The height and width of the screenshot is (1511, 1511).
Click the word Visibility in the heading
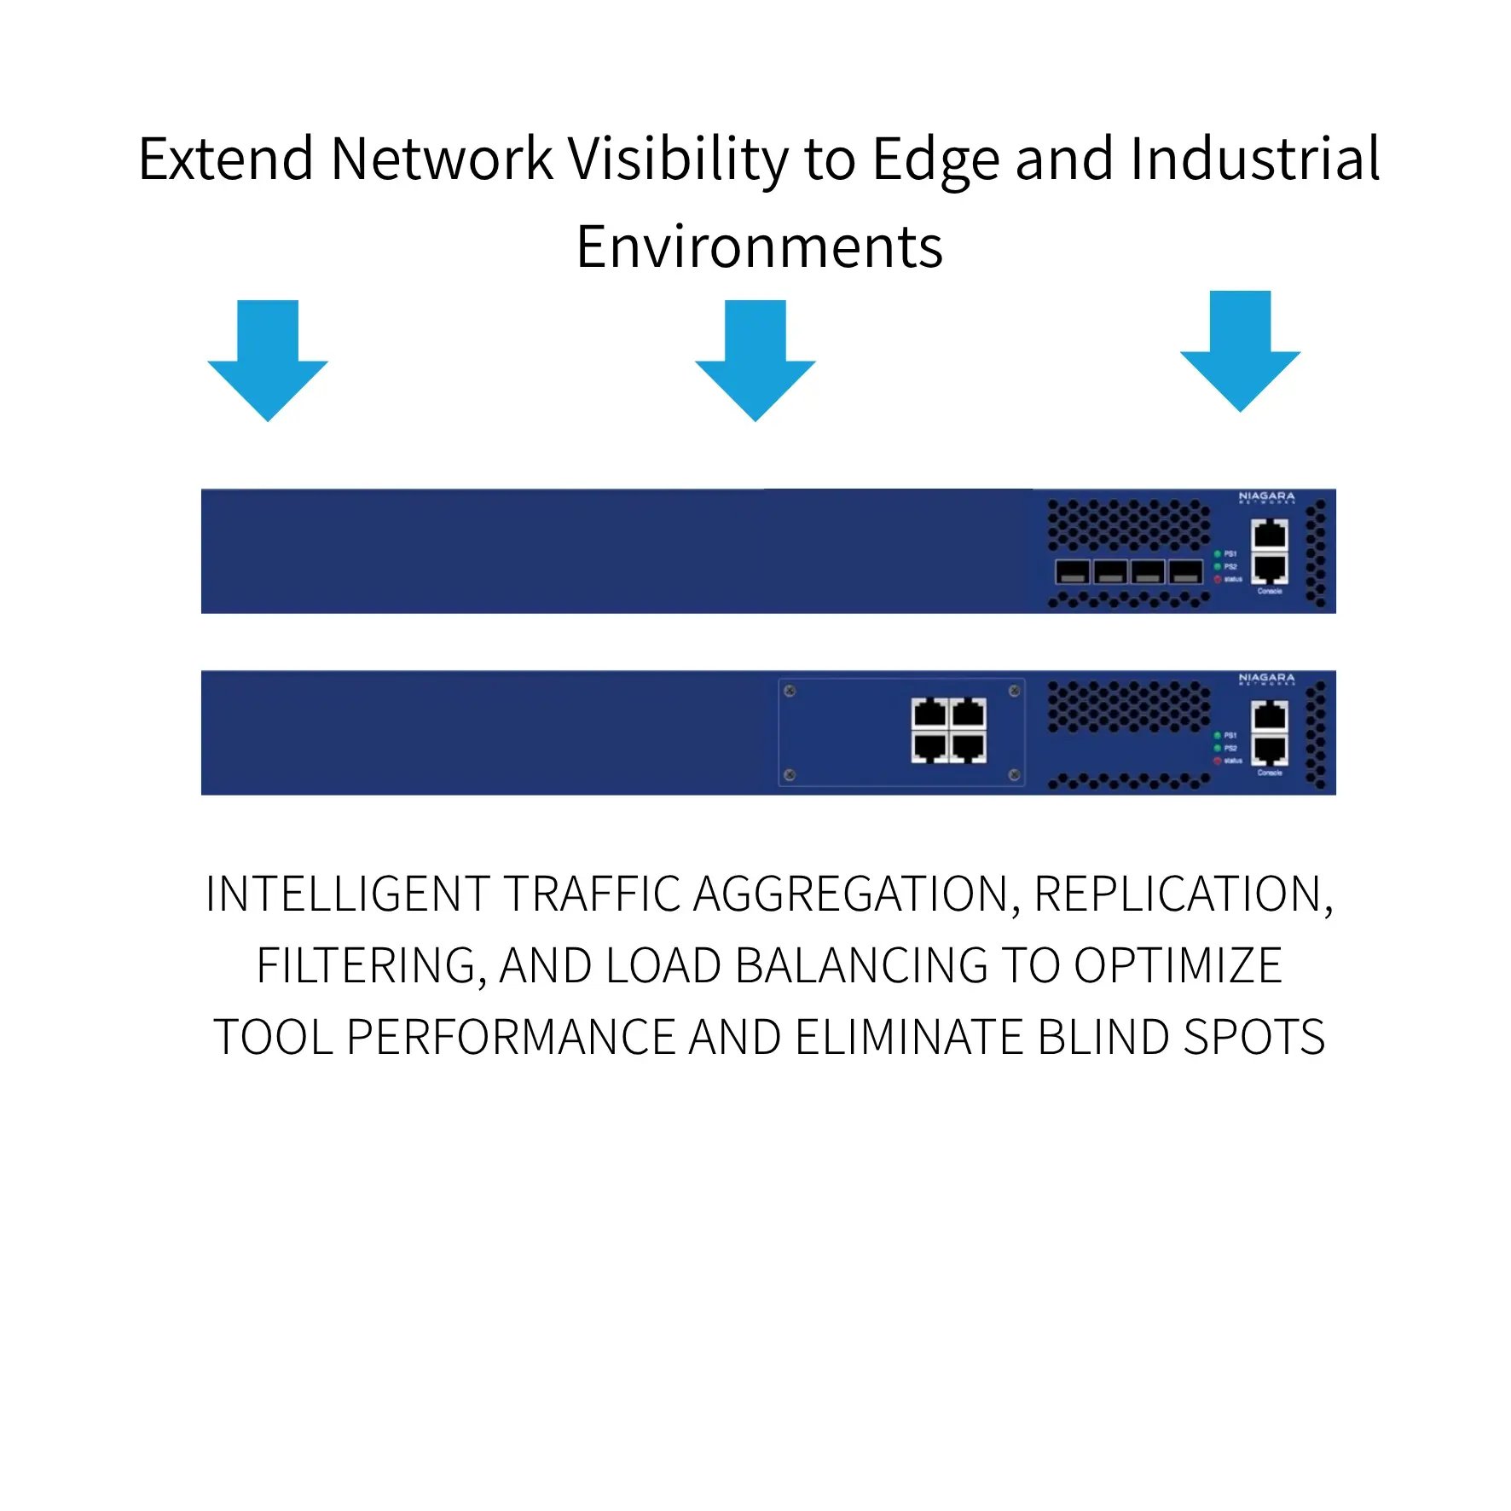point(678,159)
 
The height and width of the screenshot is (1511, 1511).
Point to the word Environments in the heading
point(759,247)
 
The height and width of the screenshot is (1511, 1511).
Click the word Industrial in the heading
point(1254,159)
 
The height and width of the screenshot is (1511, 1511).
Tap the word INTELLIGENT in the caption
point(348,894)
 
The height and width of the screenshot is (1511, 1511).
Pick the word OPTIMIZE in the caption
point(1178,966)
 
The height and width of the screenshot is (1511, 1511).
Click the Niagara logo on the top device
point(1266,497)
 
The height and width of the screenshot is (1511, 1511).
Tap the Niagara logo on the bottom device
point(1266,679)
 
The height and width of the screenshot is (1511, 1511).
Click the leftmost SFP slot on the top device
point(1072,571)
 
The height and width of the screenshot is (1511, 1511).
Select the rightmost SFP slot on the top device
point(1185,571)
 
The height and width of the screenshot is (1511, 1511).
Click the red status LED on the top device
point(1218,580)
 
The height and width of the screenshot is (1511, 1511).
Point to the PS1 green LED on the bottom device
point(1218,735)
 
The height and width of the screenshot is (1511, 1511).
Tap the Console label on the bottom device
point(1270,773)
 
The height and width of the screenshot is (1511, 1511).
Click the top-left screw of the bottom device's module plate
point(790,691)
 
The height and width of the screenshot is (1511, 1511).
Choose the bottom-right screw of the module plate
point(1014,775)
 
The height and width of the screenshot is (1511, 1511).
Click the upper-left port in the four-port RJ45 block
point(929,712)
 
